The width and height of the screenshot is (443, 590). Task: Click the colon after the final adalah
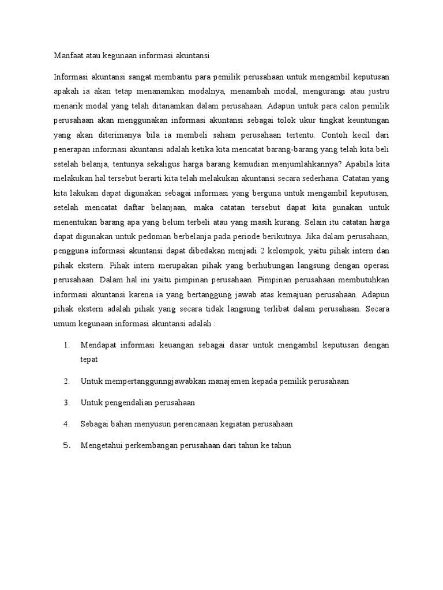pos(215,323)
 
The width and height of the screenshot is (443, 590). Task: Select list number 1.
pos(67,345)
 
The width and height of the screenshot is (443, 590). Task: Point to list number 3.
pos(67,403)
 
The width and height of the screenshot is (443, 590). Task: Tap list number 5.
pos(67,445)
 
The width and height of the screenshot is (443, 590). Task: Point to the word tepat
pos(89,360)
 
